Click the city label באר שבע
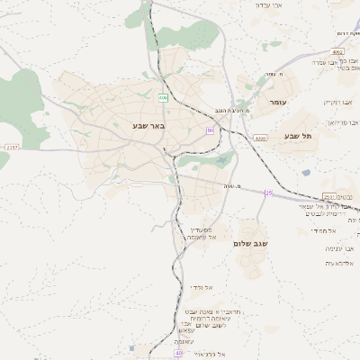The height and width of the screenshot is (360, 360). pos(146,125)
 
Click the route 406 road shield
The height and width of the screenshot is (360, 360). pos(163,97)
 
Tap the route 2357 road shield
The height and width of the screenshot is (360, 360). pos(11,147)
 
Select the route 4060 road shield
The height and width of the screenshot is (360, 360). pos(260,139)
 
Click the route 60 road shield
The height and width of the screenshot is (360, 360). pos(210,130)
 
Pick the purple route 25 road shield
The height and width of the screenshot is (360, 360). pos(267,193)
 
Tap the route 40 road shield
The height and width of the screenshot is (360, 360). pos(178,354)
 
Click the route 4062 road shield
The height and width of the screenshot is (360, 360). pos(337,53)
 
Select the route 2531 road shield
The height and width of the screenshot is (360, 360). pos(328,197)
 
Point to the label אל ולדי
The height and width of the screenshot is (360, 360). pos(201,286)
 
